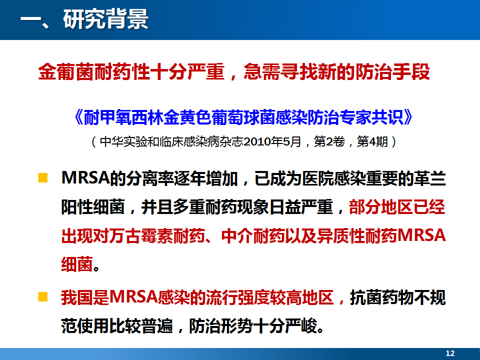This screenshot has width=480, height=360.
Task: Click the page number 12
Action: (450, 353)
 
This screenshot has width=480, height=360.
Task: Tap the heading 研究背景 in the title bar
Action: (106, 19)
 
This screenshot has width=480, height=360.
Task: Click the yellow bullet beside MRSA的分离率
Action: (43, 178)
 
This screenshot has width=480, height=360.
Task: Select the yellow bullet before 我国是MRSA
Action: (43, 297)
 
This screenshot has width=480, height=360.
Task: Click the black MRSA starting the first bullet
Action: (85, 178)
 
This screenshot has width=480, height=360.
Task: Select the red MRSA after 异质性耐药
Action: (421, 235)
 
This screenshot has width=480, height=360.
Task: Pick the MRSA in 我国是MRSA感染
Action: (133, 297)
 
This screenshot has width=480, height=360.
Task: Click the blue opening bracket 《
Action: (78, 117)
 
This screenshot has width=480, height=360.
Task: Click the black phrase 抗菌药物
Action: (381, 297)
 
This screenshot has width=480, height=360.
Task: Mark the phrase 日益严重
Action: (301, 207)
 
